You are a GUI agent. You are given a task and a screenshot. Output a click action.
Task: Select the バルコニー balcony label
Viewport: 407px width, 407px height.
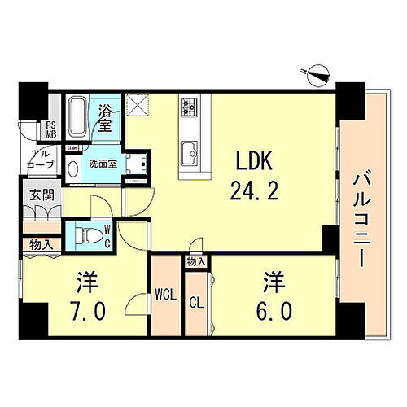click(x=359, y=211)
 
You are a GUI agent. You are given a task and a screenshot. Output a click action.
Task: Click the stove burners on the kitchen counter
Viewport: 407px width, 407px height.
click(x=190, y=107)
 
